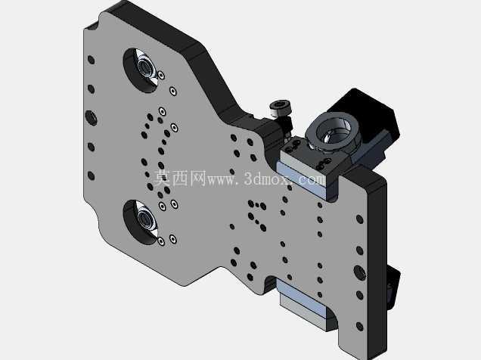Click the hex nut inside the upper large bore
tap(144, 67)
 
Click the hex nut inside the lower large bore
tap(144, 219)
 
